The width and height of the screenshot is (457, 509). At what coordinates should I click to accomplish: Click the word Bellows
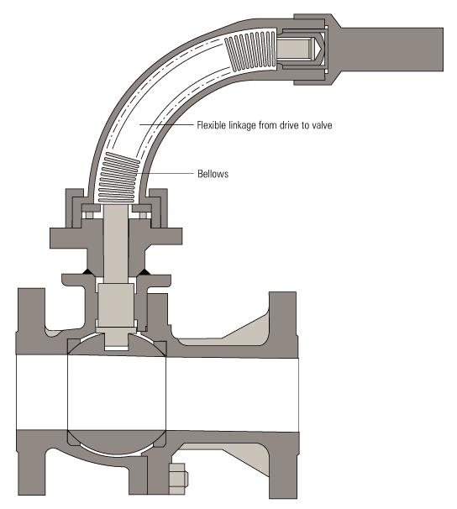[213, 174]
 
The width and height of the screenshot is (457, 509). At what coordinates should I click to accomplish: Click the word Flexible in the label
[212, 125]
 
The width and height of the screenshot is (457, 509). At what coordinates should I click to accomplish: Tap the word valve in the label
[322, 125]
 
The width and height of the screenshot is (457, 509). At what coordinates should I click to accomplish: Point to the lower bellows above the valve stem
[118, 178]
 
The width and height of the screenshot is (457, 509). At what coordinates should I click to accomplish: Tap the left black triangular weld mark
[88, 271]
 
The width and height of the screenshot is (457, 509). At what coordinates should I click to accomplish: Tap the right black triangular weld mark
[144, 271]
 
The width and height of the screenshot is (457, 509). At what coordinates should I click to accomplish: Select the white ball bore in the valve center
[117, 393]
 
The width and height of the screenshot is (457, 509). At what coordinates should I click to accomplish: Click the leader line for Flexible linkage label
[166, 124]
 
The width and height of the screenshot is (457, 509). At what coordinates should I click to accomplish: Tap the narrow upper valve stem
[116, 244]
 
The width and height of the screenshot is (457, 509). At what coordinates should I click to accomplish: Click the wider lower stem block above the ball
[116, 305]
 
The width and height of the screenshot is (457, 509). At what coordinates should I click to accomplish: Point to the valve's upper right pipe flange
[283, 323]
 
